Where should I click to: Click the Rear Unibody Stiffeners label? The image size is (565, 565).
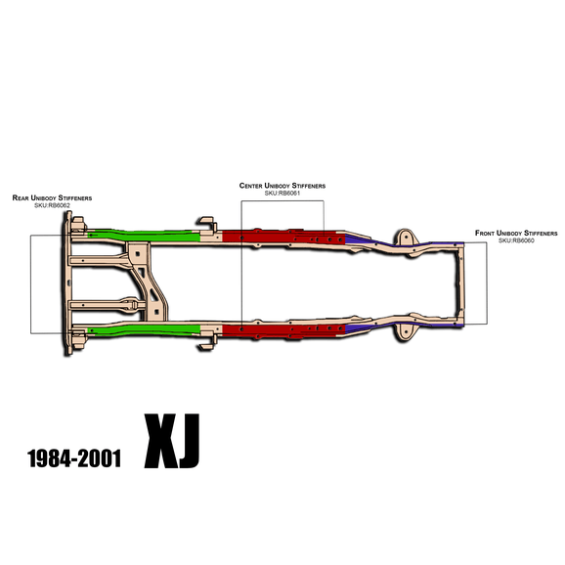(x=52, y=197)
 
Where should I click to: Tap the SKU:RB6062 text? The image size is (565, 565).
(x=52, y=205)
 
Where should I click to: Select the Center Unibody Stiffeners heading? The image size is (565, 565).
(x=282, y=186)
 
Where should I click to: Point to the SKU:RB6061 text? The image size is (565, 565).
(x=282, y=194)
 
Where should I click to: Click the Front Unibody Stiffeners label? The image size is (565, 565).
(x=516, y=233)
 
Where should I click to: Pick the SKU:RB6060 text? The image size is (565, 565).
(x=516, y=240)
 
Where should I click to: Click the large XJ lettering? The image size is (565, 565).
(x=172, y=441)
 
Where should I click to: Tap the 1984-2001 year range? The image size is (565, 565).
(x=74, y=458)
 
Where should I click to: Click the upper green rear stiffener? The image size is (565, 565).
(x=144, y=236)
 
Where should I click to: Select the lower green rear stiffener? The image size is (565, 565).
(x=144, y=329)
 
